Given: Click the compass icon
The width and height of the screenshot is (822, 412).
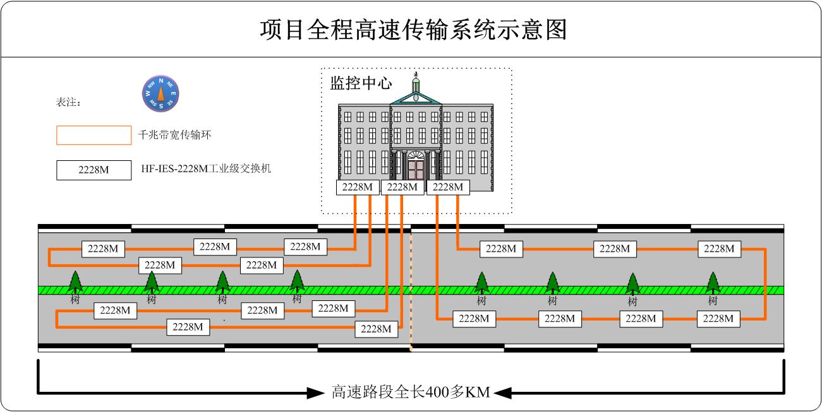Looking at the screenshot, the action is (160, 94).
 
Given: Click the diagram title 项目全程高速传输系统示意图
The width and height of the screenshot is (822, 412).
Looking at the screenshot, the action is (414, 30).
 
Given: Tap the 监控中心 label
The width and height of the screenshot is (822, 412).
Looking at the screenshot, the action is (361, 83).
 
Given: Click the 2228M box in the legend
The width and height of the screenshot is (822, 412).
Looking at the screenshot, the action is (94, 170).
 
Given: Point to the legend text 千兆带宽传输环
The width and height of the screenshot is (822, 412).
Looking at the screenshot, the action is (174, 135).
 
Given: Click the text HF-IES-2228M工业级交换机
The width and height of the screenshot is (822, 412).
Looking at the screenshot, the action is (206, 168).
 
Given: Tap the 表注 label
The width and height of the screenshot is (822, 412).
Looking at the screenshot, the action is (68, 102).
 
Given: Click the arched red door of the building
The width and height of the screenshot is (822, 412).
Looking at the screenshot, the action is (416, 165).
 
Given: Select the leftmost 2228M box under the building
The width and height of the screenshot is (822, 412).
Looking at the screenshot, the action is (358, 187).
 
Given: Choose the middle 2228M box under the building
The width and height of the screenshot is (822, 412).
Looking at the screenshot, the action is (402, 187).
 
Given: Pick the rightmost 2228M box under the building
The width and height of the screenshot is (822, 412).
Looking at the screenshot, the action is (448, 187).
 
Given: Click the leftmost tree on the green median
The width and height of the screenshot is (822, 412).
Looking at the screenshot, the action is (75, 282).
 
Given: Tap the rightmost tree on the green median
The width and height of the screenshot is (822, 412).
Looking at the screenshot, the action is (713, 283).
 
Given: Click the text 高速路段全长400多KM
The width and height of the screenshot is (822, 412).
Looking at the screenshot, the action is (411, 392).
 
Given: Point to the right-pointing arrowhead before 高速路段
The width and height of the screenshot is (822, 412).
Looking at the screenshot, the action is (315, 393).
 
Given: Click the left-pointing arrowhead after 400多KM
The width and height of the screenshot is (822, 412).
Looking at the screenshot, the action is (503, 393).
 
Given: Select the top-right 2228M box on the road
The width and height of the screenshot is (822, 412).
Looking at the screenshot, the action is (719, 249).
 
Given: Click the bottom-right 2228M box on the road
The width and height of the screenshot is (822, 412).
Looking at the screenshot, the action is (718, 319).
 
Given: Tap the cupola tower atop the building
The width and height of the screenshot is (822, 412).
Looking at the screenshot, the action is (416, 83).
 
